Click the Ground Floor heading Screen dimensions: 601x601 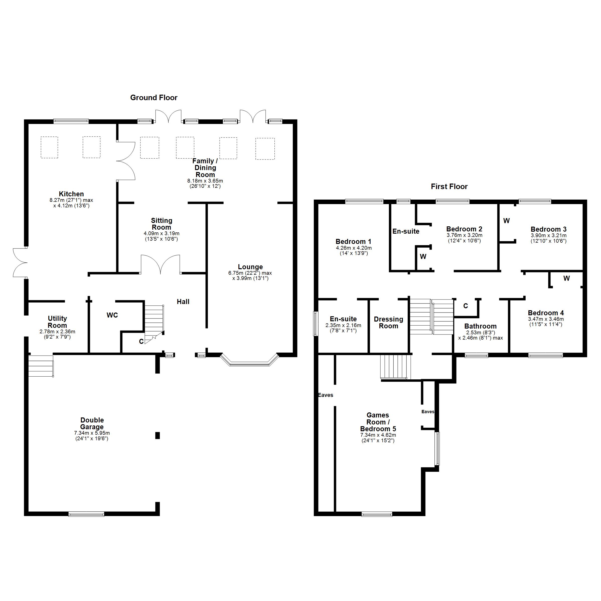154,98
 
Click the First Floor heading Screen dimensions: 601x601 449,187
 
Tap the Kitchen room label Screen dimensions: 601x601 71,194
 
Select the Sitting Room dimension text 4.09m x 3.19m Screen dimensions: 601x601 162,233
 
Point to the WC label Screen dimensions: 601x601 112,315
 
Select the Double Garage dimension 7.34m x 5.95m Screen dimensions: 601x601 92,433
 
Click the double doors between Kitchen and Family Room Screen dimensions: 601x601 126,161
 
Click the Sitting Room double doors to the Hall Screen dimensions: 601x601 160,264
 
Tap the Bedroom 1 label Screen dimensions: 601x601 353,242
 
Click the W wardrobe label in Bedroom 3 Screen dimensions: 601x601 506,221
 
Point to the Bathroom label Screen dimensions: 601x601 480,326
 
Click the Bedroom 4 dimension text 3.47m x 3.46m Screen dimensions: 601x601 546,319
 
